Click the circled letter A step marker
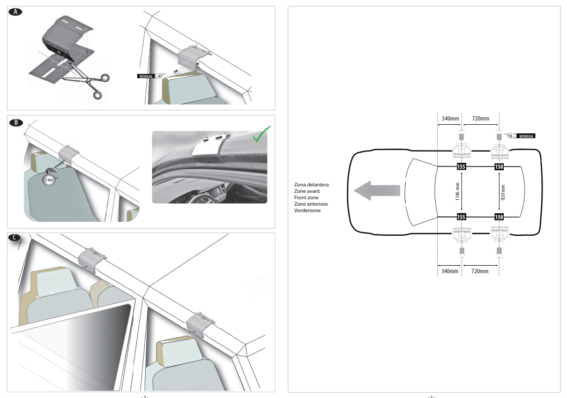point(15,12)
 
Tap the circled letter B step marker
point(16,123)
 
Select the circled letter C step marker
point(14,237)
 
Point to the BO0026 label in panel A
point(146,76)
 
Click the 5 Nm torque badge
point(49,179)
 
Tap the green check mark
point(262,134)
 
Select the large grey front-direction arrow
point(377,191)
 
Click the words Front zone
point(307,197)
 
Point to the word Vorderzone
point(307,211)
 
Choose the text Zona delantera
point(311,185)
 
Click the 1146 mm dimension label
point(458,192)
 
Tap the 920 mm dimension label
point(503,192)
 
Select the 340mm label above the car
point(450,118)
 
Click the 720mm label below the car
point(480,271)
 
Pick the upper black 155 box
point(461,167)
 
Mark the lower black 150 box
point(499,217)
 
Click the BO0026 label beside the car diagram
point(526,136)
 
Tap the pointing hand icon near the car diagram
point(511,136)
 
